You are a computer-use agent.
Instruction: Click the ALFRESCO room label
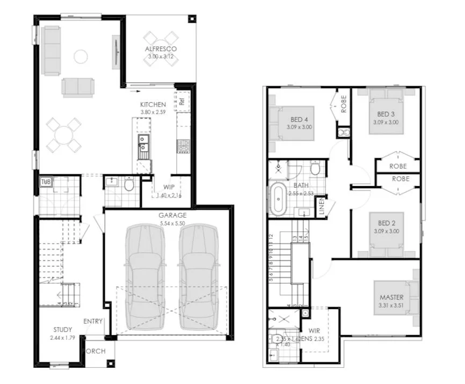(161, 49)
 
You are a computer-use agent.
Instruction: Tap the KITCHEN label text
(153, 104)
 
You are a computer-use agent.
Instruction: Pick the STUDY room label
(63, 330)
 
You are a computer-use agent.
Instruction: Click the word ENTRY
(93, 321)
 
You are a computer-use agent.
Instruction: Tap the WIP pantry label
(169, 187)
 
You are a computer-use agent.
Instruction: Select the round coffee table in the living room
(81, 56)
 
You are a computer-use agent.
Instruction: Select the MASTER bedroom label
(391, 297)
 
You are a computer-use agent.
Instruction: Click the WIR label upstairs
(314, 331)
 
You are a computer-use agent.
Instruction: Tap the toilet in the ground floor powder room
(128, 185)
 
